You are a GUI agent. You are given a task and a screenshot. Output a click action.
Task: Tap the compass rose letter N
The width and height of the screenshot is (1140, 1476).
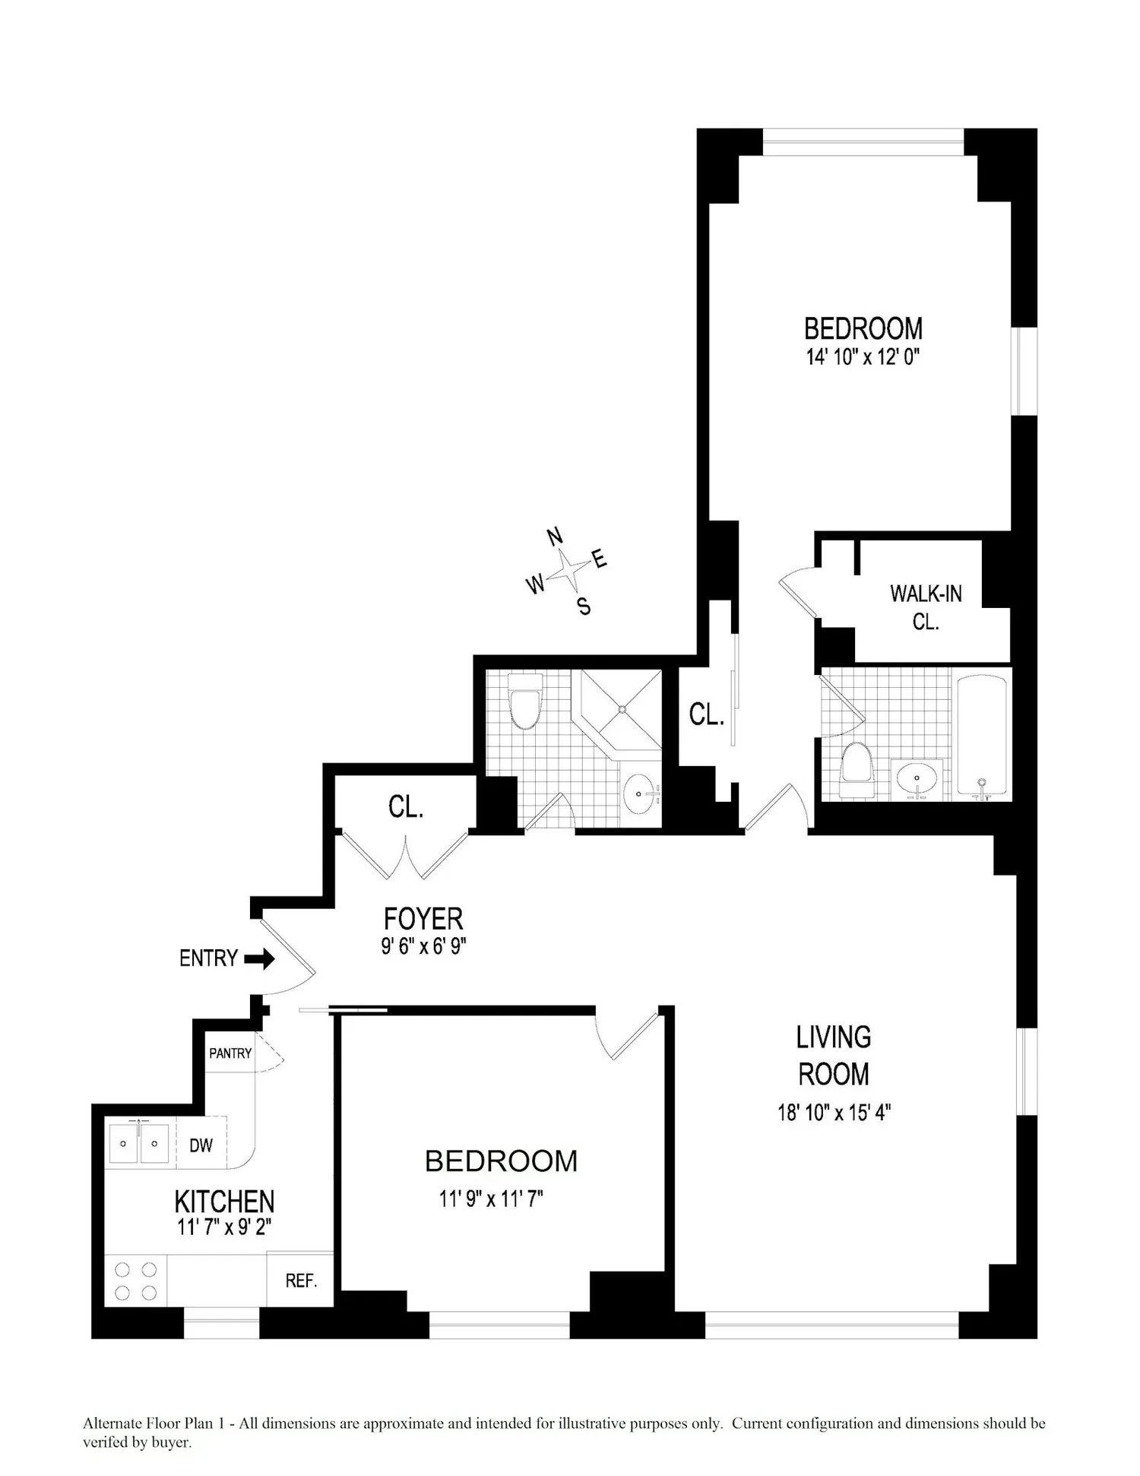(556, 537)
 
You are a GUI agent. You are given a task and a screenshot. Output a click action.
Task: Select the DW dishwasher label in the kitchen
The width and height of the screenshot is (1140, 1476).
(201, 1145)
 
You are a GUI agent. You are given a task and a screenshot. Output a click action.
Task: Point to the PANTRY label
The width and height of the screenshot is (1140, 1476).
(230, 1053)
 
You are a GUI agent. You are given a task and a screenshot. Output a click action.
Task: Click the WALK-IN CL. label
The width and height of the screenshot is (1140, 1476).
(926, 607)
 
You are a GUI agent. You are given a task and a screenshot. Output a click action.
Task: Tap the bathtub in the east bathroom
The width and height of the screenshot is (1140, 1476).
(982, 736)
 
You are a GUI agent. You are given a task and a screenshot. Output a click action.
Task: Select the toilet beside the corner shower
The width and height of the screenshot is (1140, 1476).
(524, 700)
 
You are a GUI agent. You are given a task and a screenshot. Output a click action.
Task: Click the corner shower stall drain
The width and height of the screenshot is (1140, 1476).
(622, 709)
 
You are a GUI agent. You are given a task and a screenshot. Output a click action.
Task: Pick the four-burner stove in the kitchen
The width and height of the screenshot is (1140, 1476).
(135, 1281)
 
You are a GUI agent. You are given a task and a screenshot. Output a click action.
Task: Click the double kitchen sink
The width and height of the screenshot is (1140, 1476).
(138, 1142)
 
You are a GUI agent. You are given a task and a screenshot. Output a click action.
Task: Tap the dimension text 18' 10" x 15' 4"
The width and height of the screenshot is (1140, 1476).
(834, 1113)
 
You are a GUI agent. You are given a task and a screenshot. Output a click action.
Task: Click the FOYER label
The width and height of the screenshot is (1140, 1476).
(423, 919)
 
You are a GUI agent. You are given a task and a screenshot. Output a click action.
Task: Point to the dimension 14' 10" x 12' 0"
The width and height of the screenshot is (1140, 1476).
(863, 356)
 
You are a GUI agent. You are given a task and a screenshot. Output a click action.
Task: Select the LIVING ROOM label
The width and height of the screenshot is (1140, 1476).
(834, 1056)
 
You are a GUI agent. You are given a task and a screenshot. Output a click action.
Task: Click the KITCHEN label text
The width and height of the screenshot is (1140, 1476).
(224, 1202)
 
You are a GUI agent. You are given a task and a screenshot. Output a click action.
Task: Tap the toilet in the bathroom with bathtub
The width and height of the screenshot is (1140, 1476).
(857, 770)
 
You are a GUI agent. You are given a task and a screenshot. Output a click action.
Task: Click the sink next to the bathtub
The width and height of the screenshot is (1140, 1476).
(917, 779)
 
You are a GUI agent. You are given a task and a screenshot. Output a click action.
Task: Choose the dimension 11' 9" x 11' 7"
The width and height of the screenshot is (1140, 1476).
(491, 1199)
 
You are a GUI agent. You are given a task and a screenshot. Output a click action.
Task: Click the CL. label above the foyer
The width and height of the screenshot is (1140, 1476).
(406, 807)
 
